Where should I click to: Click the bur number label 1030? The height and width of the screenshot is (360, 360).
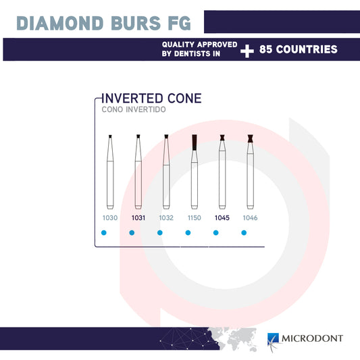110,218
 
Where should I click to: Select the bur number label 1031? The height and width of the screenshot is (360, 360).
138,218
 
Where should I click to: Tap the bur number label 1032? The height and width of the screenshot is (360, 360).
165,218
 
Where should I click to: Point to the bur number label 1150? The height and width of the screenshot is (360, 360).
194,218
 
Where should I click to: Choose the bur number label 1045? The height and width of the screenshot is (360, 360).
222,218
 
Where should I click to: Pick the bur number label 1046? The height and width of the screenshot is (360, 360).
250,218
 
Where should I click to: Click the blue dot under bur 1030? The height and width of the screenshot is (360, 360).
104,233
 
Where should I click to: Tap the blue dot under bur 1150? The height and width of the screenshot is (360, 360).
188,233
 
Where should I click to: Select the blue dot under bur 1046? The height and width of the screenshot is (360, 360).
244,233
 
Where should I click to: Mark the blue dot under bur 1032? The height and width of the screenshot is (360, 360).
160,233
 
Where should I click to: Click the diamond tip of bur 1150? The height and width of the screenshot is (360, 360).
194,142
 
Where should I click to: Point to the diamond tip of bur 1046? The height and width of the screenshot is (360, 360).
250,139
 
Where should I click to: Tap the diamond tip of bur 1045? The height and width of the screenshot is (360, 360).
222,139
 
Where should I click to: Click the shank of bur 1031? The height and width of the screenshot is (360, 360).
138,182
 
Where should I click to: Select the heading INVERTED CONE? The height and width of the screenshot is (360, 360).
151,98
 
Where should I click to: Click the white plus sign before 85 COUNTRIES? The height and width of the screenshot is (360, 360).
247,50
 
